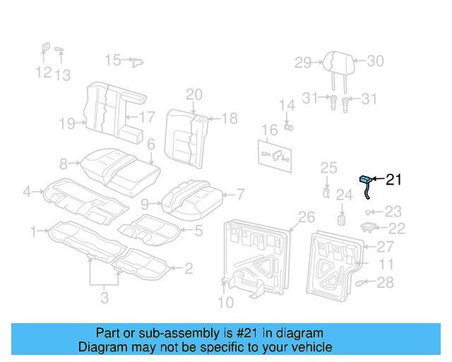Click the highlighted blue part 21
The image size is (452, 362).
click(366, 182)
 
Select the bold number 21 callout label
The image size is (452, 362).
click(393, 180)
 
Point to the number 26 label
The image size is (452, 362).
click(306, 216)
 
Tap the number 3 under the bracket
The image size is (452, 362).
click(105, 298)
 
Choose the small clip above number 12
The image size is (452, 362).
click(43, 48)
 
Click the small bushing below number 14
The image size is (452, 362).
click(289, 127)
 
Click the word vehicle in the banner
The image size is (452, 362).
click(311, 347)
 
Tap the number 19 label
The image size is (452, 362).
click(67, 124)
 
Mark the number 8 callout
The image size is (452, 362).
click(64, 164)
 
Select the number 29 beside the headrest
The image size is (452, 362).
click(303, 63)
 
